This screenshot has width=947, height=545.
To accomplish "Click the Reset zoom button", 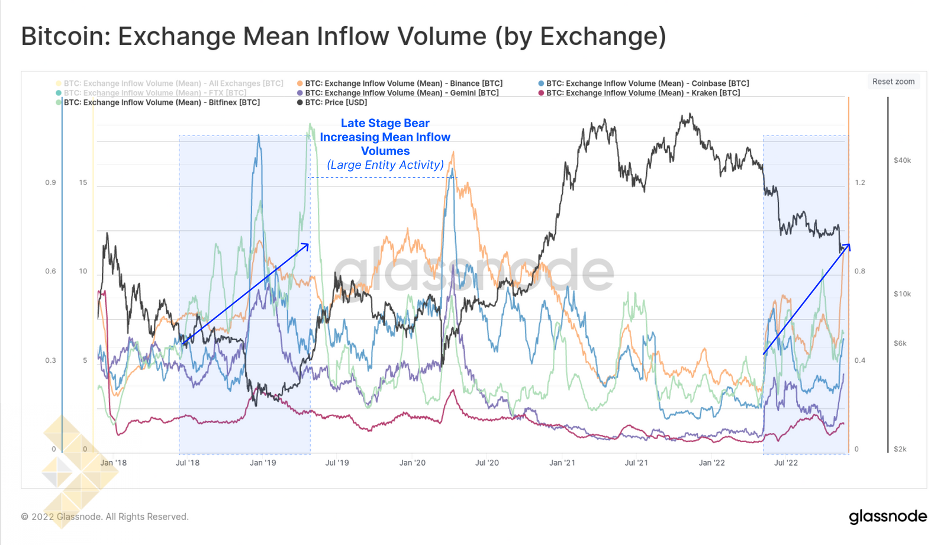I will (x=893, y=82).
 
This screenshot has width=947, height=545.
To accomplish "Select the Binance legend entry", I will (x=403, y=83).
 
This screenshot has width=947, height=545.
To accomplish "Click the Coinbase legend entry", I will (x=647, y=83).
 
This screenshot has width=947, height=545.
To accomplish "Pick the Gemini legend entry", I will (x=401, y=93).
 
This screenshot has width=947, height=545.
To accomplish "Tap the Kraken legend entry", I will (x=643, y=93).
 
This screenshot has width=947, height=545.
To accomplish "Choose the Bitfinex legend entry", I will (x=161, y=102).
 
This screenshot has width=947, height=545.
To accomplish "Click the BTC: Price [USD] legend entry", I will (x=336, y=102).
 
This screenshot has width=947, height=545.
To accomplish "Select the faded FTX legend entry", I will (x=154, y=93).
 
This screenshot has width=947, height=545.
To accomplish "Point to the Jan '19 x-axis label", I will (x=263, y=463).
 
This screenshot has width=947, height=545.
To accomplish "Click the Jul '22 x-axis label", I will (x=786, y=463).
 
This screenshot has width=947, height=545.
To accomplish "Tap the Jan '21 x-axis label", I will (x=562, y=463).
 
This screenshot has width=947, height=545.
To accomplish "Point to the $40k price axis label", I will (x=902, y=160).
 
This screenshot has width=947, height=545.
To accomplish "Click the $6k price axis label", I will (x=900, y=343).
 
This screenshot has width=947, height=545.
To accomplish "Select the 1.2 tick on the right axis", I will (x=859, y=182).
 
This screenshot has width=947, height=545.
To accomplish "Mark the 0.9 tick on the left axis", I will (x=51, y=182).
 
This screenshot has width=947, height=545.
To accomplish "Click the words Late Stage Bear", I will (x=385, y=123).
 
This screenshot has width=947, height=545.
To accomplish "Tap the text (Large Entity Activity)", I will (x=385, y=165).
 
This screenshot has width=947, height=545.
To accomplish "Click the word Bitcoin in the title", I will (x=62, y=36).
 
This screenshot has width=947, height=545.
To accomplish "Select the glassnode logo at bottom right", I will (x=888, y=517).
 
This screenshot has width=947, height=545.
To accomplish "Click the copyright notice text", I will (x=105, y=517).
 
